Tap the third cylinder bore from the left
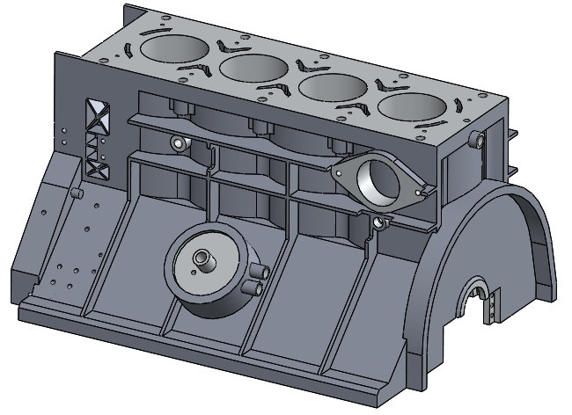click(334, 89)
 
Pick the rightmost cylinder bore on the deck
click(413, 109)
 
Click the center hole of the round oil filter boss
click(204, 259)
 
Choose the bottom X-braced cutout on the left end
click(96, 167)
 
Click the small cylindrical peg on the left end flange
click(76, 192)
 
